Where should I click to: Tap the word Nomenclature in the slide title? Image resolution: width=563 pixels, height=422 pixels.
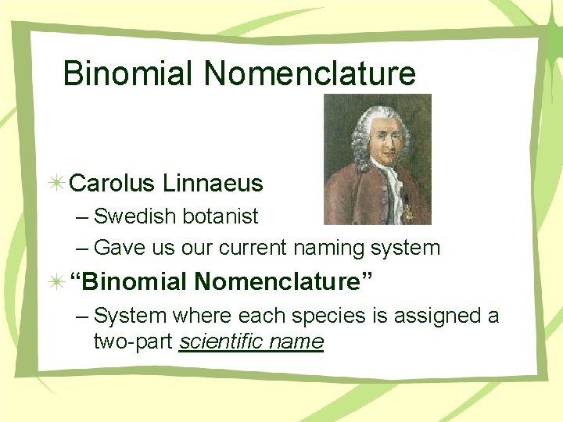tap(310, 73)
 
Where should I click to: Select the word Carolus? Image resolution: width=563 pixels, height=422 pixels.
tap(113, 184)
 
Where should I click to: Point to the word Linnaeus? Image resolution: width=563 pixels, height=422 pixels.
tap(213, 184)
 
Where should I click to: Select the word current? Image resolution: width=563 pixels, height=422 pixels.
tap(253, 249)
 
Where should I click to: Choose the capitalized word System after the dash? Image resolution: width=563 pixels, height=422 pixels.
tap(130, 316)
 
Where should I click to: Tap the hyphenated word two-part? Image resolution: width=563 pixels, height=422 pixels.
tap(133, 342)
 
